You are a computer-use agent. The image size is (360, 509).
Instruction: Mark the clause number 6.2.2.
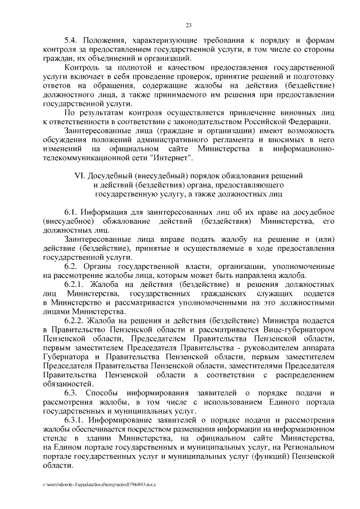tap(75, 320)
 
